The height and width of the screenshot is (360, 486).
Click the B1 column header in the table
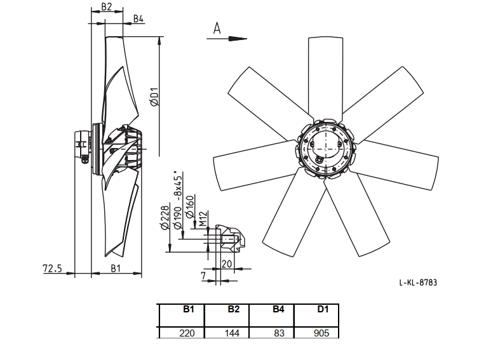(x=189, y=309)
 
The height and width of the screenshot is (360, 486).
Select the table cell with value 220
(x=187, y=333)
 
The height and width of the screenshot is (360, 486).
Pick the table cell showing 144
(x=232, y=333)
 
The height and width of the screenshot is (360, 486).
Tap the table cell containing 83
(x=279, y=333)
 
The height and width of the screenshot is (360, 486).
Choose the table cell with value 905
(x=321, y=333)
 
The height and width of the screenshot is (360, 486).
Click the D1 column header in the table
(x=323, y=309)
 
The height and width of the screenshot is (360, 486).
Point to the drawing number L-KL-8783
(x=418, y=283)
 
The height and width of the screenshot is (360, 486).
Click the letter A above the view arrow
(x=217, y=28)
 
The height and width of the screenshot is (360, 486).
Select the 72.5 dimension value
(x=52, y=268)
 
